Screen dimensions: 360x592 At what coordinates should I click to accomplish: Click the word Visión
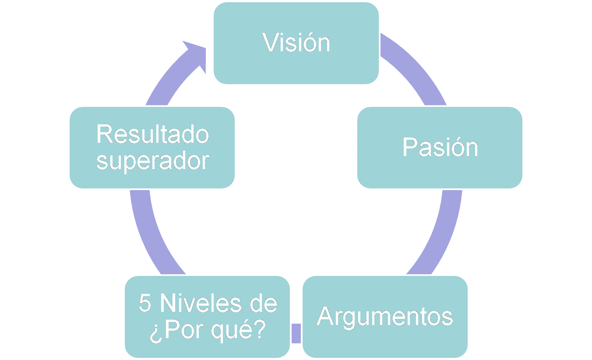[296, 43]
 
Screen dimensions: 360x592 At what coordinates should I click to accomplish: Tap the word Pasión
[440, 147]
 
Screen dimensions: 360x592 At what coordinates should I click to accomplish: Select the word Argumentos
[385, 316]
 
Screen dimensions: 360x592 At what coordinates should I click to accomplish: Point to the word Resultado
[153, 134]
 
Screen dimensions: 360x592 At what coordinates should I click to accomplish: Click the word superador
[153, 161]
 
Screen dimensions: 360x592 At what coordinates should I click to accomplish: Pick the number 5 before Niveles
[144, 304]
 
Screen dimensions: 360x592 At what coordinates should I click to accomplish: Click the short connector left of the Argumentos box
[296, 333]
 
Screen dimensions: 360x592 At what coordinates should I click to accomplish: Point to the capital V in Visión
[271, 43]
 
